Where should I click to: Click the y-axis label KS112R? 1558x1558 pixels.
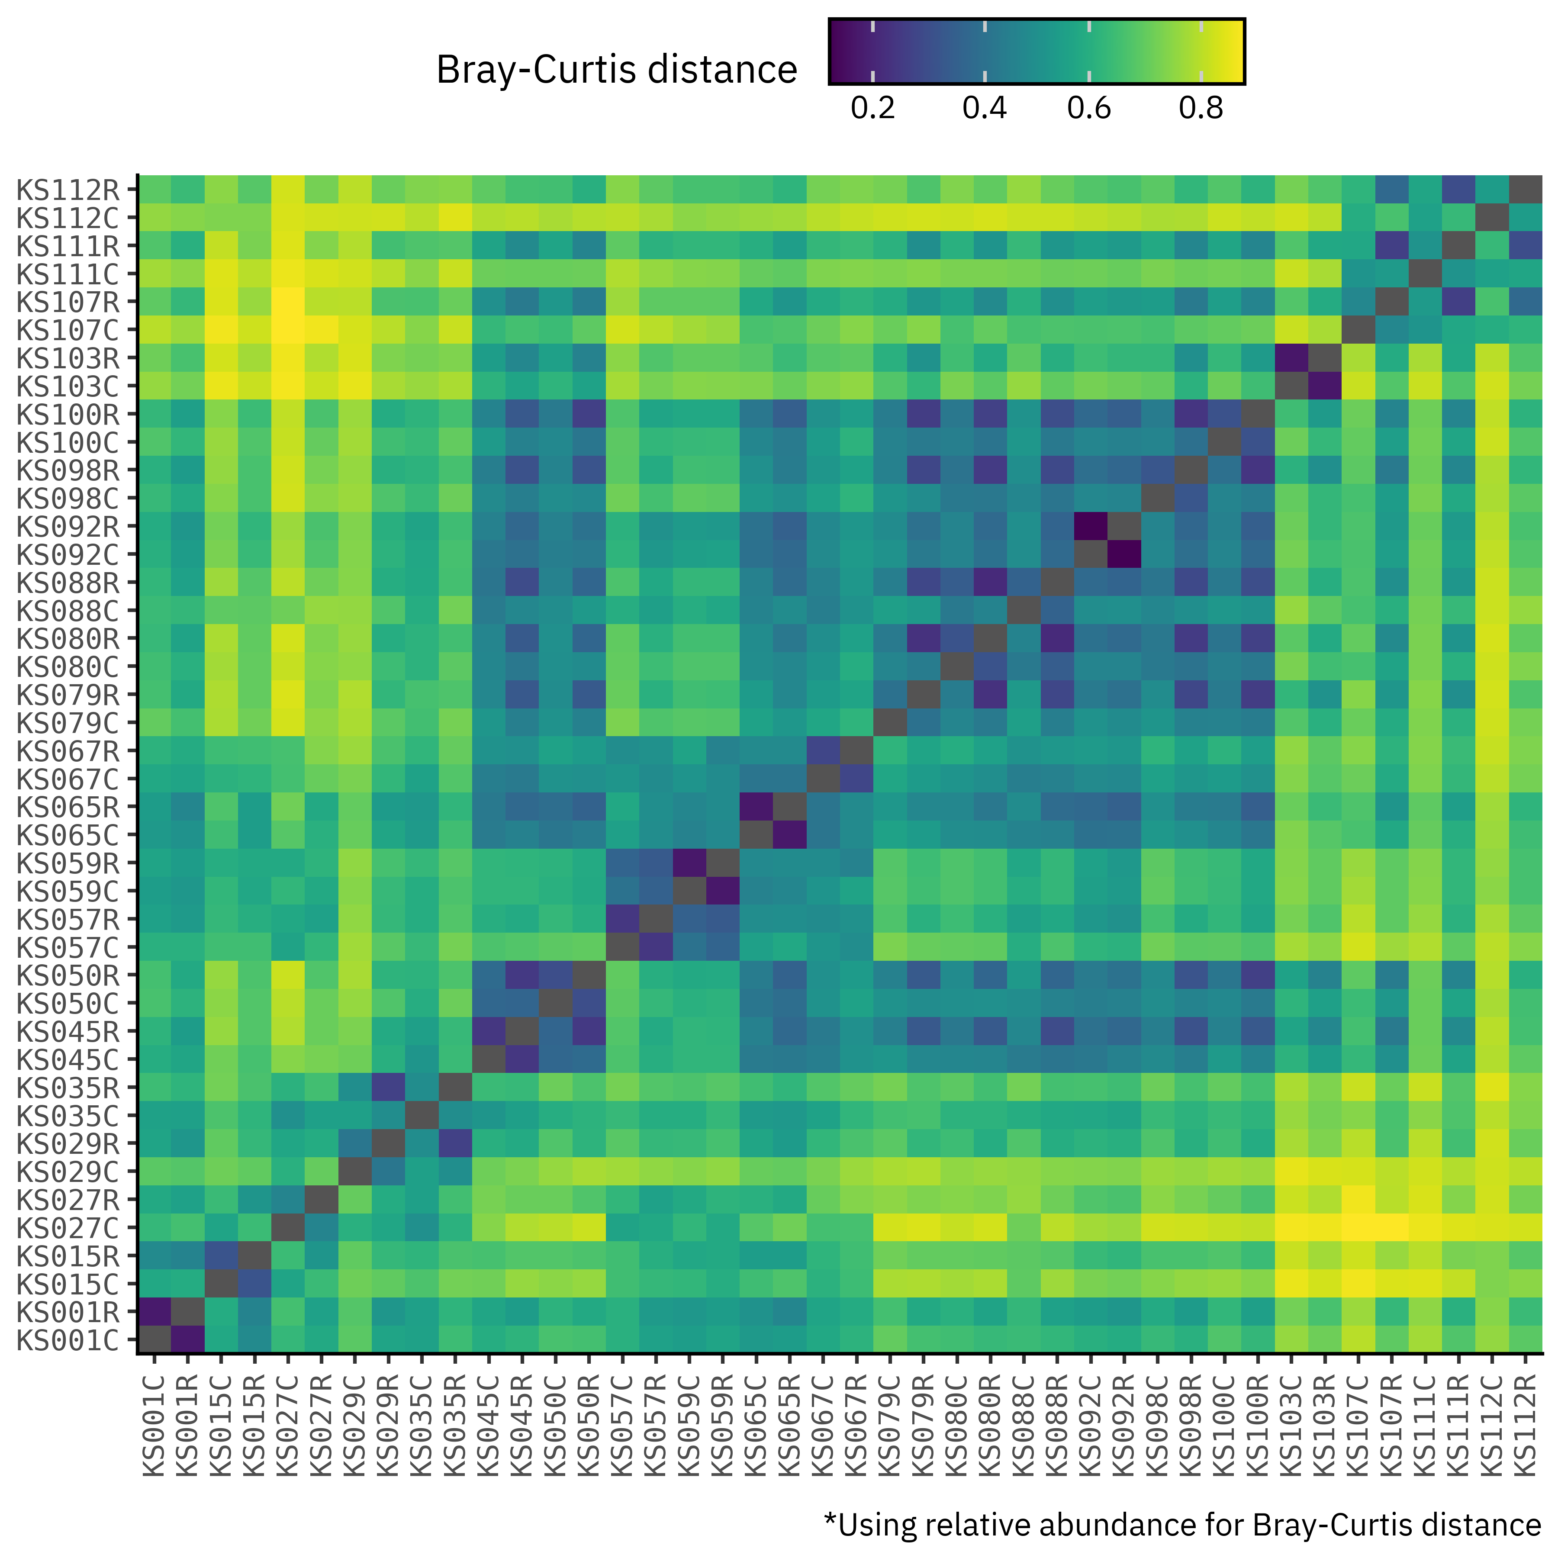click(x=68, y=190)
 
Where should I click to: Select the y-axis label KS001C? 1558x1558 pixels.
click(x=68, y=1340)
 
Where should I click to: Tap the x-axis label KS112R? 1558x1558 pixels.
click(x=1525, y=1427)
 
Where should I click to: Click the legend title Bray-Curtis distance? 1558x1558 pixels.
click(x=616, y=70)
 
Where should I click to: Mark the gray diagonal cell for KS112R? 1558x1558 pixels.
click(x=1525, y=190)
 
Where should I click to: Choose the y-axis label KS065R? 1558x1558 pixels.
click(x=68, y=807)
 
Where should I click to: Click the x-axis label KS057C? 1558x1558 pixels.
click(x=623, y=1427)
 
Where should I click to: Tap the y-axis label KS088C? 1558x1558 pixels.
click(x=68, y=611)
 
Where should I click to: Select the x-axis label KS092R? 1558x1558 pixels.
click(x=1123, y=1427)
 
